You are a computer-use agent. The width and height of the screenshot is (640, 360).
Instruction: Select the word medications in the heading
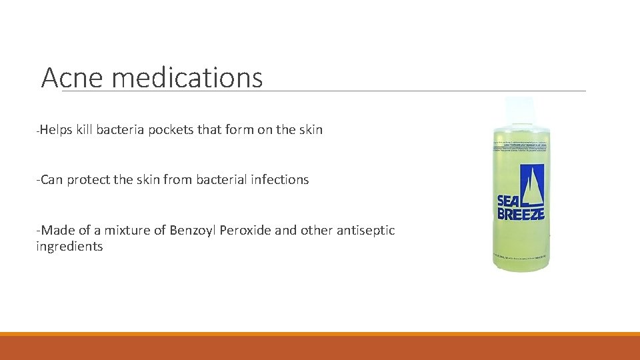pyautogui.click(x=187, y=78)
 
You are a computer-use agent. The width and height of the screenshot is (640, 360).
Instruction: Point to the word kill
pyautogui.click(x=84, y=130)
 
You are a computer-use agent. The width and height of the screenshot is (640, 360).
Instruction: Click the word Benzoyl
pyautogui.click(x=190, y=231)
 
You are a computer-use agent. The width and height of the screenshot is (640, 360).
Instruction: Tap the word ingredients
pyautogui.click(x=69, y=247)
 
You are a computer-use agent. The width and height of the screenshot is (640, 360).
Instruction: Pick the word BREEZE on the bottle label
pyautogui.click(x=521, y=214)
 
